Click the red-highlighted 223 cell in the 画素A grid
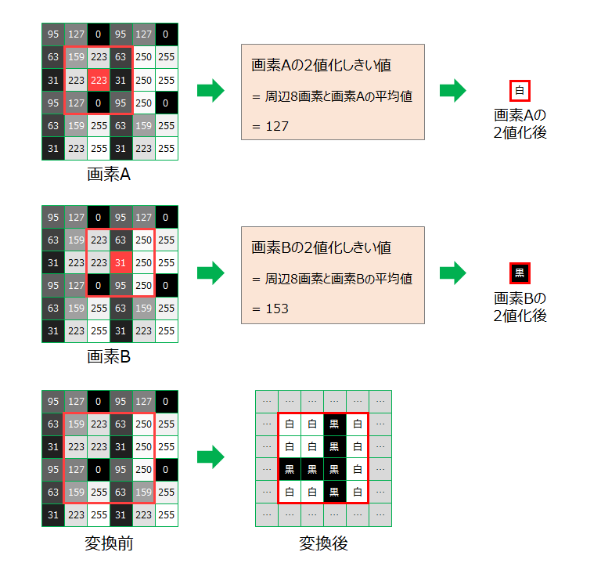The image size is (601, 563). pos(98,80)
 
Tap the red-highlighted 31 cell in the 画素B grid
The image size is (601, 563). pos(121,262)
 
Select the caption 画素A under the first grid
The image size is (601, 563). pos(109,175)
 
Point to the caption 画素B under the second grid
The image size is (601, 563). pos(109,357)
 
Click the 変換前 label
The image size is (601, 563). pos(109,543)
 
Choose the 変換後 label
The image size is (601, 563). pos(323,543)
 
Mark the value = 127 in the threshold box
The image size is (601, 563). pos(271,125)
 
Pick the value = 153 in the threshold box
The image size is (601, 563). pos(271,309)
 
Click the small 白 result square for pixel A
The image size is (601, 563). pos(520,91)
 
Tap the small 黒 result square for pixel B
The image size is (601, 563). pos(520,273)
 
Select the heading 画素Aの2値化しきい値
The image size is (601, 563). pos(321,66)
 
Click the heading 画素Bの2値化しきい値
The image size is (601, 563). pos(321,248)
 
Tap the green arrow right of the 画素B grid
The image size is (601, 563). pos(209,273)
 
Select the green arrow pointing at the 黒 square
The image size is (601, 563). pos(452,273)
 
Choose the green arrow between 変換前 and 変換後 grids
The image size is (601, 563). pos(209,458)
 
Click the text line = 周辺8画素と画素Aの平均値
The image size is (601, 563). pos(332,96)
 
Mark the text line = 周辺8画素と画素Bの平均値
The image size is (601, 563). pos(332,279)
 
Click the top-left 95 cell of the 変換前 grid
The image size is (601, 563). pos(52,401)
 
